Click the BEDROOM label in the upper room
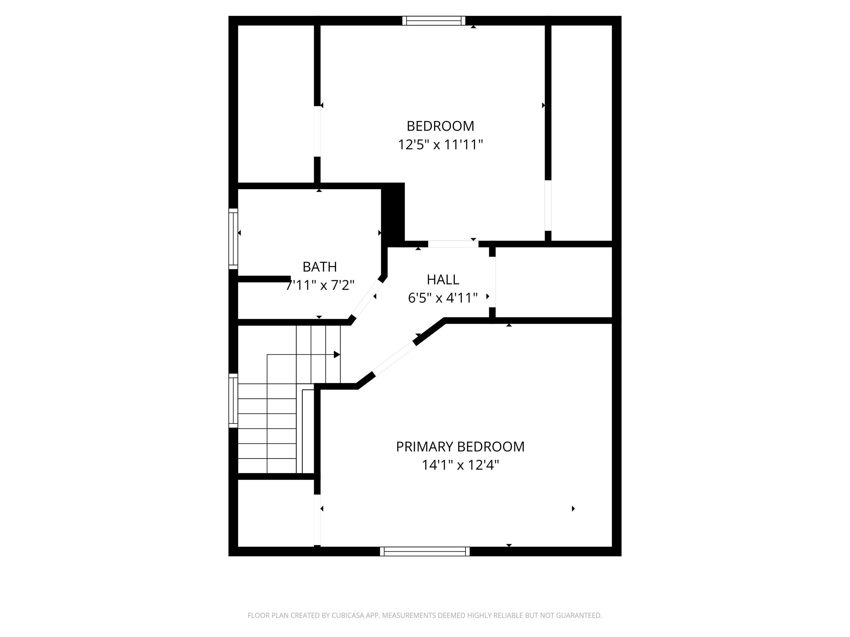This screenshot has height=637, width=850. [x=440, y=126]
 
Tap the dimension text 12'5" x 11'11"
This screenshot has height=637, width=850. [x=440, y=145]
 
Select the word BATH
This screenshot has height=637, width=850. [x=319, y=266]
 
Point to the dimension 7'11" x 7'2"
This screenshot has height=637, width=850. [x=320, y=285]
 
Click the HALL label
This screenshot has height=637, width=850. [x=443, y=280]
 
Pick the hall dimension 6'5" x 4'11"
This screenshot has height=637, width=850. [x=443, y=298]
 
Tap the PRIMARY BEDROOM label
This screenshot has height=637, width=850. [x=460, y=446]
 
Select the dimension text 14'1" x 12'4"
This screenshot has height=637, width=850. [x=460, y=465]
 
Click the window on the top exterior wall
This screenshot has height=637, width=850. [x=434, y=21]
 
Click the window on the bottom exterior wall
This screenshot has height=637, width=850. [x=425, y=551]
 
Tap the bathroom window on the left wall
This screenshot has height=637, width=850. [x=233, y=239]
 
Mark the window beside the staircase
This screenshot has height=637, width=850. [x=233, y=401]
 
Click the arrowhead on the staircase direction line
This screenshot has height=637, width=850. [x=337, y=354]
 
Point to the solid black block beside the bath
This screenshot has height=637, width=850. [x=393, y=213]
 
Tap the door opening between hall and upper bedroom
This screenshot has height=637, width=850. [x=453, y=244]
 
